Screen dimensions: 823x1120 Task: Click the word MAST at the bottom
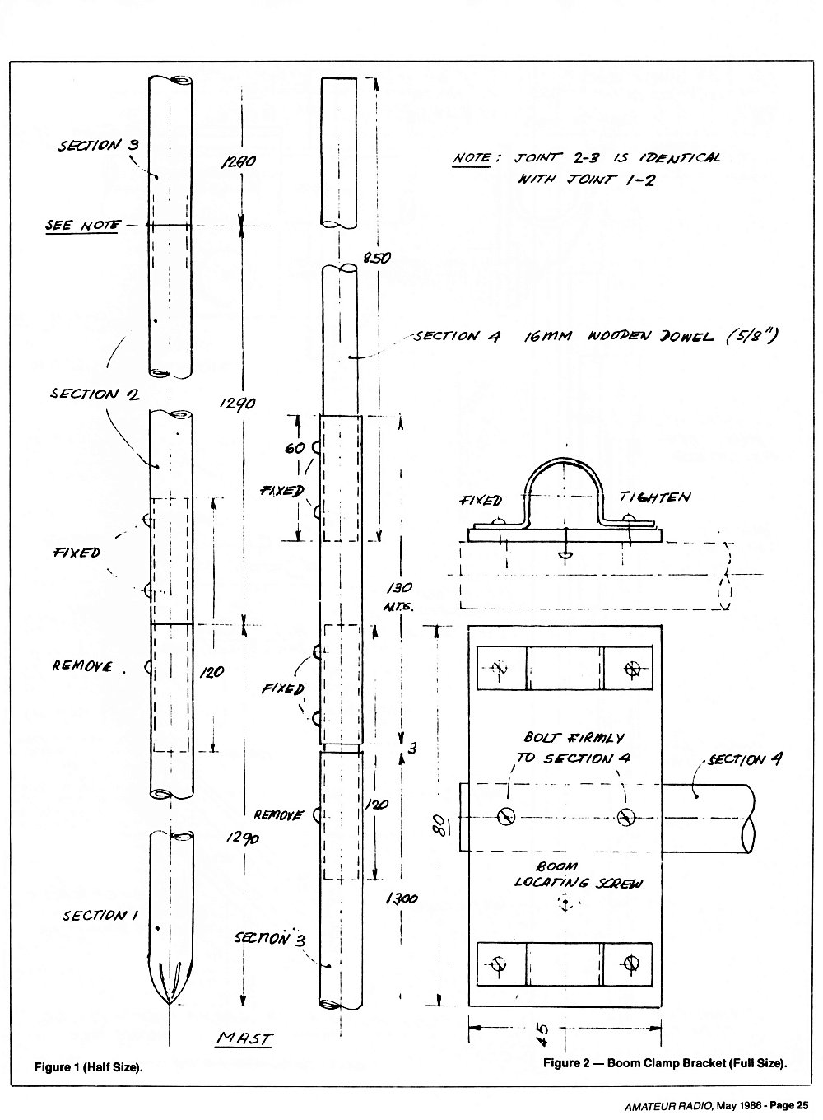[245, 1038]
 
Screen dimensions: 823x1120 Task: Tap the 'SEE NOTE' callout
[82, 226]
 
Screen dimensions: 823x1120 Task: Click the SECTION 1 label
[100, 916]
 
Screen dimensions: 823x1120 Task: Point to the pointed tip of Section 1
[170, 1004]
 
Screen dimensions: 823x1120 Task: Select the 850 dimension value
[377, 258]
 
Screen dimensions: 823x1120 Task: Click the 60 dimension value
[295, 448]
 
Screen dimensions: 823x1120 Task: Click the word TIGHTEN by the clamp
[654, 497]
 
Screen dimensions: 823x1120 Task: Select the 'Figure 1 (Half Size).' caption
[88, 1067]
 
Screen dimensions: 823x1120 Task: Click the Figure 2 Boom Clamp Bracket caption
[665, 1063]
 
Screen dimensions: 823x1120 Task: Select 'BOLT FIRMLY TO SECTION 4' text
[574, 748]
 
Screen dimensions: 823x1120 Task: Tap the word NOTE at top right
[472, 158]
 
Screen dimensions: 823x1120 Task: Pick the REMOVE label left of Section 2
[82, 666]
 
